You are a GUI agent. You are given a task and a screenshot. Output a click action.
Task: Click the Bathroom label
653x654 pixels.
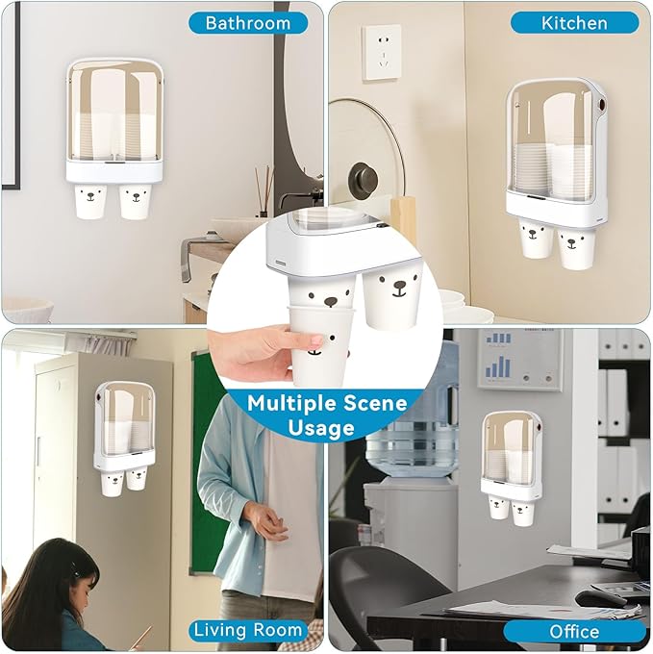tap(248, 22)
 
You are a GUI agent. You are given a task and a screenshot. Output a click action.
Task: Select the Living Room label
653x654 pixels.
tap(249, 630)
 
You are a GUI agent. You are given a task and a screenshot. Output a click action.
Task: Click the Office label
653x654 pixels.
tap(574, 631)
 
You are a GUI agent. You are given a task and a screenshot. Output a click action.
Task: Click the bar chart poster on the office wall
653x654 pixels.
tap(518, 359)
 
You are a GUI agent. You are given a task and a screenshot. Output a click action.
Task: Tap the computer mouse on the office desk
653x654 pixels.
tap(600, 597)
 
